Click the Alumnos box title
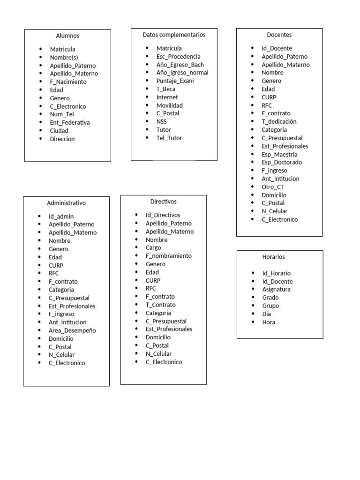coord(67,36)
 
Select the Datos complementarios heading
coord(174,35)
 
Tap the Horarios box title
coord(274,257)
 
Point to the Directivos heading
coord(164,202)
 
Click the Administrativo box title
coord(66,203)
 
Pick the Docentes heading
coord(279,35)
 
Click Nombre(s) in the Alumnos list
coord(67,57)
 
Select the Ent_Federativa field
coord(70,122)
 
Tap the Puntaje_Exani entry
coord(175,81)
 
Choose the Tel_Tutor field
coord(169,138)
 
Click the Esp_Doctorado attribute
coord(282,162)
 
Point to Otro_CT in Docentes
coord(273,187)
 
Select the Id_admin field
coord(61,217)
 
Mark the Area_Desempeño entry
coord(72,330)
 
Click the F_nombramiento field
coord(169,256)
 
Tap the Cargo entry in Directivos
coord(153,247)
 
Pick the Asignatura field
coord(277,289)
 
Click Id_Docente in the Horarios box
coord(277,281)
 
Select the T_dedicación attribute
coord(279,121)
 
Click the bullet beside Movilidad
coord(147,105)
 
